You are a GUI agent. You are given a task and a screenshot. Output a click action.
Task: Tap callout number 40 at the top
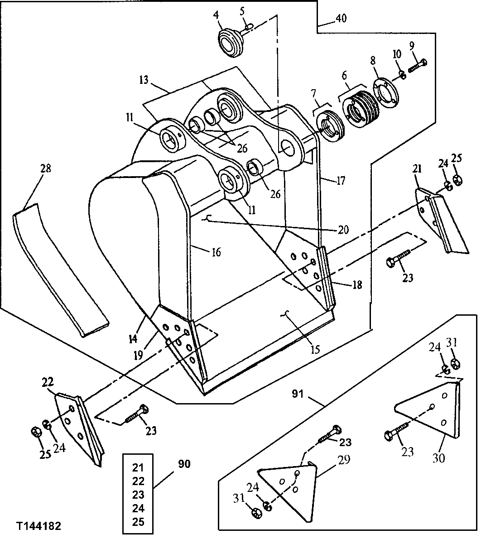click(341, 19)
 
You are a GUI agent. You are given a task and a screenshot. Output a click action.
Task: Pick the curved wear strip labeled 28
click(59, 267)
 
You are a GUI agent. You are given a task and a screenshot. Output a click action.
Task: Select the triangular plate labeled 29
click(290, 489)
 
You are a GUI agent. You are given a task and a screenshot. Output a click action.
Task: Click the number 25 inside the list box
click(138, 522)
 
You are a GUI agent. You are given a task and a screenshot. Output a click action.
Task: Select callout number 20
click(342, 230)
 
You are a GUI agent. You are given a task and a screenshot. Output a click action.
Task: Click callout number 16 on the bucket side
click(216, 252)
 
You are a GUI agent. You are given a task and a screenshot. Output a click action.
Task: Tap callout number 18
click(357, 286)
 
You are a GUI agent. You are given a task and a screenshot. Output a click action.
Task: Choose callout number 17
click(341, 181)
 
